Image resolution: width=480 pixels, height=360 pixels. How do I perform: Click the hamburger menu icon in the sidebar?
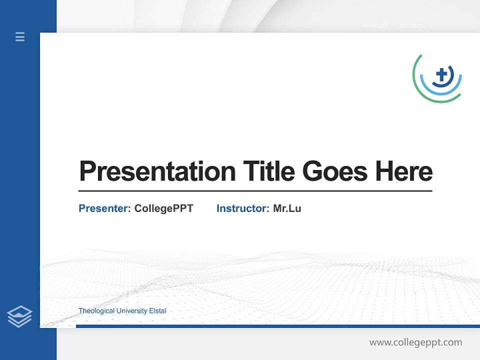click(20, 36)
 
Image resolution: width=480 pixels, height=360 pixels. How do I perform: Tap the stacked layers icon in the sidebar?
click(19, 316)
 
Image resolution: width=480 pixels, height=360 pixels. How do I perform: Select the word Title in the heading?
click(268, 171)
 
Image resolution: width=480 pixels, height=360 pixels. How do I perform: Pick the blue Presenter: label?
click(104, 208)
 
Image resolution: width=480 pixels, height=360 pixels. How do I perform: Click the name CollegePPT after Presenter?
click(163, 208)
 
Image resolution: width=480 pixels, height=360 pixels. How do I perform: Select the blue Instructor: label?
click(242, 208)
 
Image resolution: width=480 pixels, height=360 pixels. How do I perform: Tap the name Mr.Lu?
click(287, 208)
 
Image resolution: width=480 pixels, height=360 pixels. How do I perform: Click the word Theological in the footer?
click(96, 311)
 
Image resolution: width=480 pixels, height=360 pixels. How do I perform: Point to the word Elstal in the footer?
click(157, 311)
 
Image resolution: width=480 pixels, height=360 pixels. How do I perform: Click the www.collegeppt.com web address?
click(415, 342)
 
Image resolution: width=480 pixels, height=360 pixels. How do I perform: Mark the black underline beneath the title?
click(255, 191)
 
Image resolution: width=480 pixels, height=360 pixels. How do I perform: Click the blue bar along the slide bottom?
click(277, 326)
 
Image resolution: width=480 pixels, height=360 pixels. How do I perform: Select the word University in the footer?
click(131, 311)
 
